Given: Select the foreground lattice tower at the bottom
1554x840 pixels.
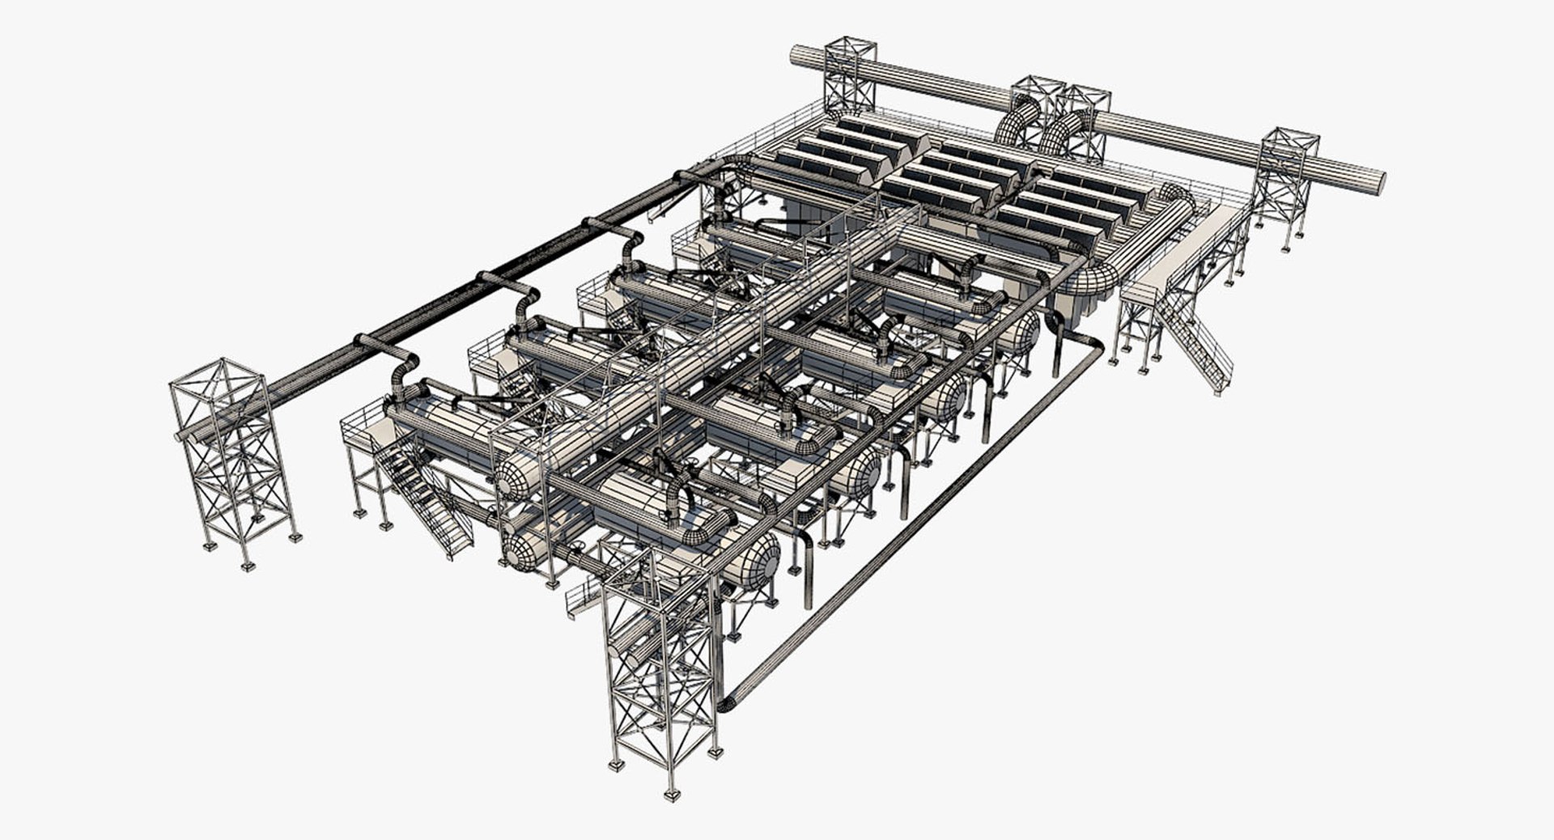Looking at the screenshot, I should click(x=660, y=672).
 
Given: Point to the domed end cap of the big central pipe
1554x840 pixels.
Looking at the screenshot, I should click(x=514, y=477).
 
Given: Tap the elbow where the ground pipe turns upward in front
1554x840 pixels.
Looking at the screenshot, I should click(x=726, y=703).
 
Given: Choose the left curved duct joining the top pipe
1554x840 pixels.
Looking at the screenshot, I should click(x=1017, y=121).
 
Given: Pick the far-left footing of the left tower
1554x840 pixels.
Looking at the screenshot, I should click(x=210, y=546).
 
